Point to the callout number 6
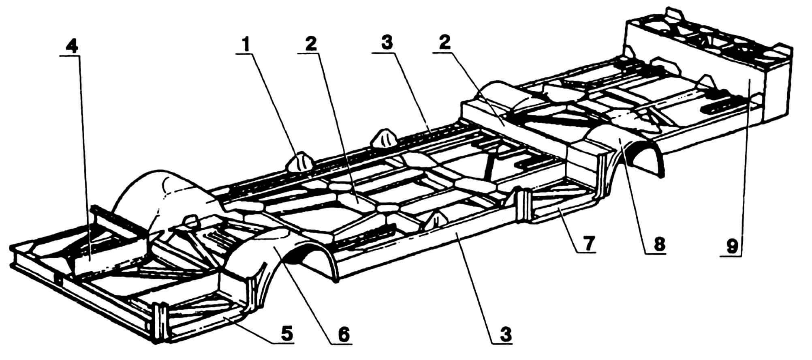point(343,335)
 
